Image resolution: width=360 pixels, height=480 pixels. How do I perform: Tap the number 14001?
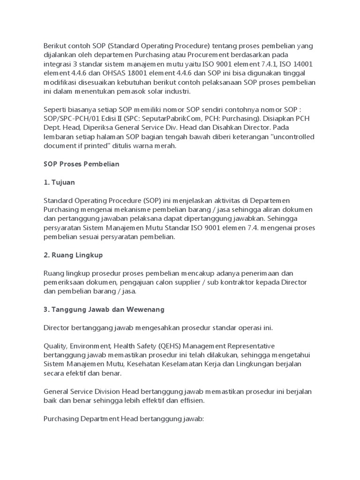coord(304,64)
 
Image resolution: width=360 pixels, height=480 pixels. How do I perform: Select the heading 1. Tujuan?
coord(59,182)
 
